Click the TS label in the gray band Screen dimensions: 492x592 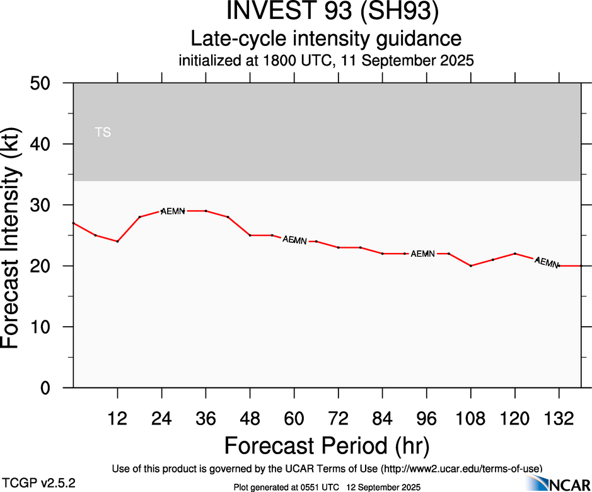click(x=103, y=132)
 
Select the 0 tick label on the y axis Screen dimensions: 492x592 click(x=50, y=388)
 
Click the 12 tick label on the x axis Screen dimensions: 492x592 click(x=117, y=419)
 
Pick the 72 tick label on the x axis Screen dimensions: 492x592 click(x=339, y=419)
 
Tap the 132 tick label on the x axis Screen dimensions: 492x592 click(x=558, y=419)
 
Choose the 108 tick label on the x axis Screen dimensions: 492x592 click(x=470, y=419)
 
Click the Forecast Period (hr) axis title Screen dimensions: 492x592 click(x=327, y=446)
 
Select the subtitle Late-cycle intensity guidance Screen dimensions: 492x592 click(x=327, y=39)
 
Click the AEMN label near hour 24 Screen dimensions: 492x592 click(x=172, y=211)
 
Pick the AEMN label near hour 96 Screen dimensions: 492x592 click(x=422, y=254)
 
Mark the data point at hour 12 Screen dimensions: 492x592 click(x=117, y=242)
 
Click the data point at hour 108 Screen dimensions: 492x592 click(x=470, y=266)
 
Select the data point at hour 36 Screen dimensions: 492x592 click(x=206, y=211)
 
